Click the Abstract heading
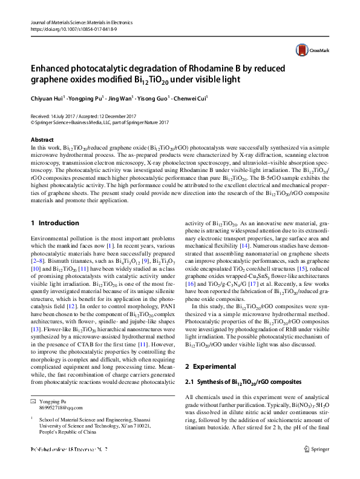point(42,140)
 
